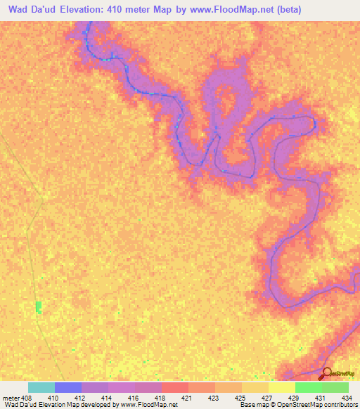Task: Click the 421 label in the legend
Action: point(186,397)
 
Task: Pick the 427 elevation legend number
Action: point(266,397)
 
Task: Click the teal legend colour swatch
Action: point(41,387)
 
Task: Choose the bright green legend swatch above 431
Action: point(308,387)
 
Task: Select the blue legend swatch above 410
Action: point(67,387)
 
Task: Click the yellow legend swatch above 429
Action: point(281,387)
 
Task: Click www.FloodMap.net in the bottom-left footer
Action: point(148,405)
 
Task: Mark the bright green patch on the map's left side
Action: point(39,307)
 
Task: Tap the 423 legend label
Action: point(213,397)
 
